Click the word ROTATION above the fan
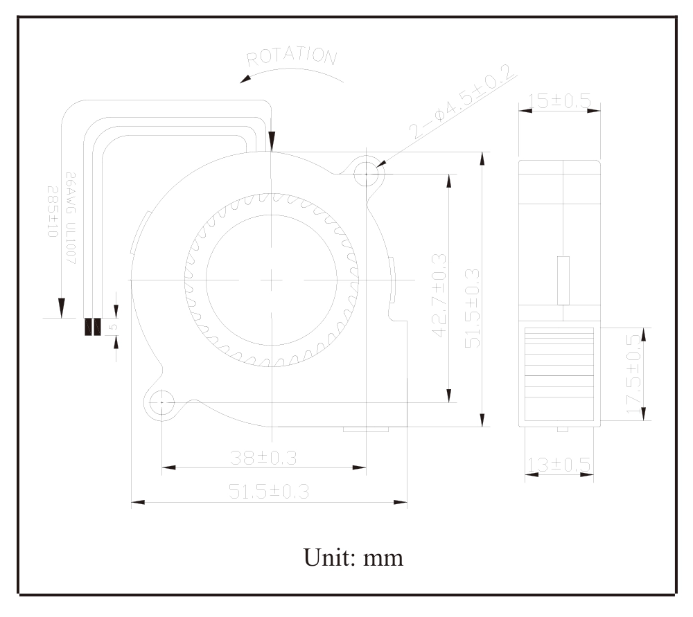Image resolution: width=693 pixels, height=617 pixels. [292, 57]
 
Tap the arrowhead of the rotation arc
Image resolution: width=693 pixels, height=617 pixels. [245, 80]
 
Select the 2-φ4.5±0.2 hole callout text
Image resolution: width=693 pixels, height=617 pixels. [461, 102]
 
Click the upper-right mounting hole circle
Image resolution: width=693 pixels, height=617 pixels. [367, 174]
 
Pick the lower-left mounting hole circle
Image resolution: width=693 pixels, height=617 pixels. [162, 402]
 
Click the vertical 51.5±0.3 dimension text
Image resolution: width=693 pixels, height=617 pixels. [472, 307]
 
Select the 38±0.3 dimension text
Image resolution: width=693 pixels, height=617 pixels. [263, 458]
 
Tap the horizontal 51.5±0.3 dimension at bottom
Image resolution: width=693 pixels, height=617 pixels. [268, 491]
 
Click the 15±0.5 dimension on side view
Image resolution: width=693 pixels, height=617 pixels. [559, 100]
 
